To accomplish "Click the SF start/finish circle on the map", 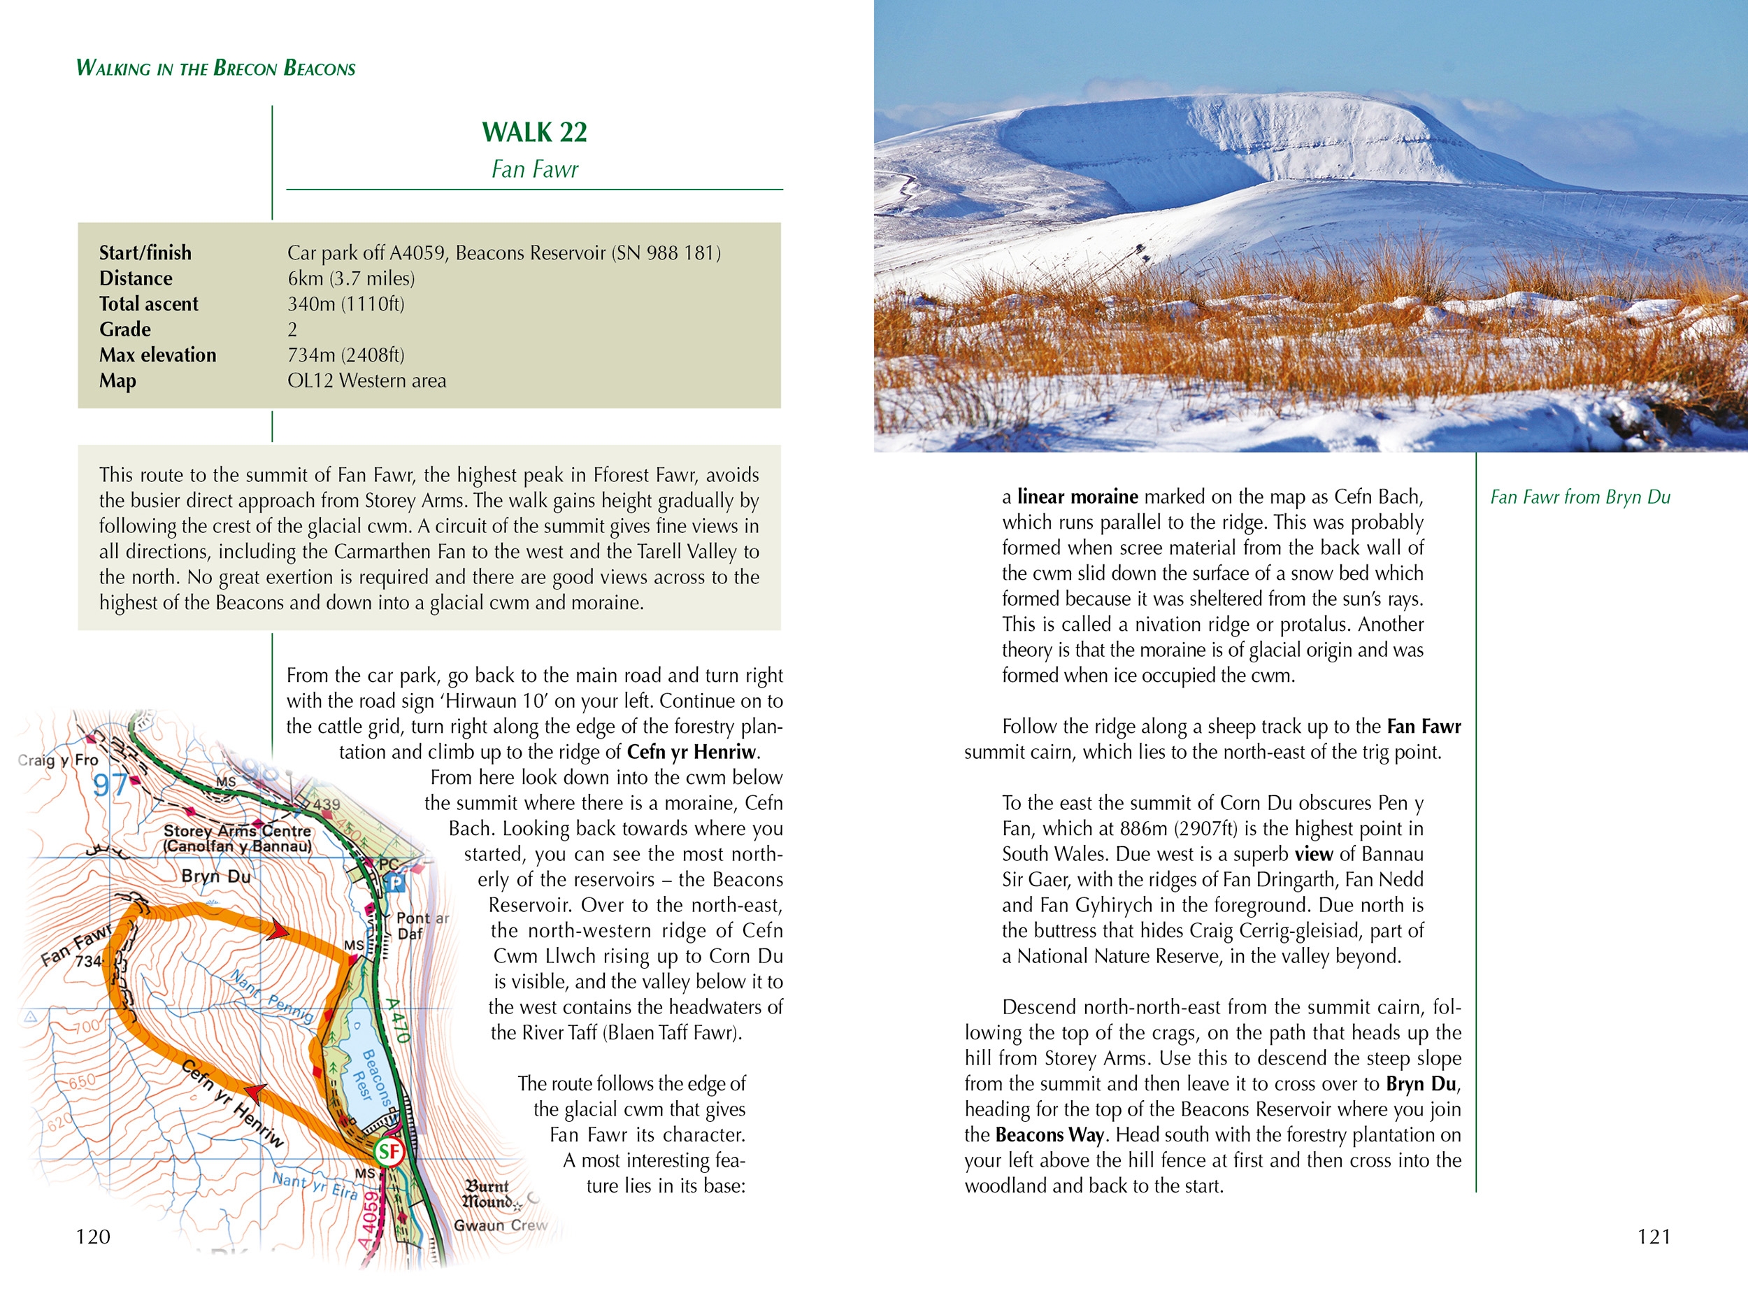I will coord(388,1152).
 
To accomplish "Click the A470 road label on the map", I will coord(398,1019).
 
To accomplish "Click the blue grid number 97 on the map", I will coord(110,785).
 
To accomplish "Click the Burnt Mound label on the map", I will coord(487,1193).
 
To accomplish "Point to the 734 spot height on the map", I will coord(88,961).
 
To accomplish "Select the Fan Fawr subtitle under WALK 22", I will coord(534,169).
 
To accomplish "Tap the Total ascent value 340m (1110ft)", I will coord(346,304).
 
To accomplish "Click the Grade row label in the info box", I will coord(124,329).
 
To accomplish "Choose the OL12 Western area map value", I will coord(366,380).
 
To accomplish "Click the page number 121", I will coord(1653,1237).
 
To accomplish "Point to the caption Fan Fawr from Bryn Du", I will coord(1579,497).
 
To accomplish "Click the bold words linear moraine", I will coord(1077,497).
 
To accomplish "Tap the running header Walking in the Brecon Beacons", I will coord(215,69).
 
